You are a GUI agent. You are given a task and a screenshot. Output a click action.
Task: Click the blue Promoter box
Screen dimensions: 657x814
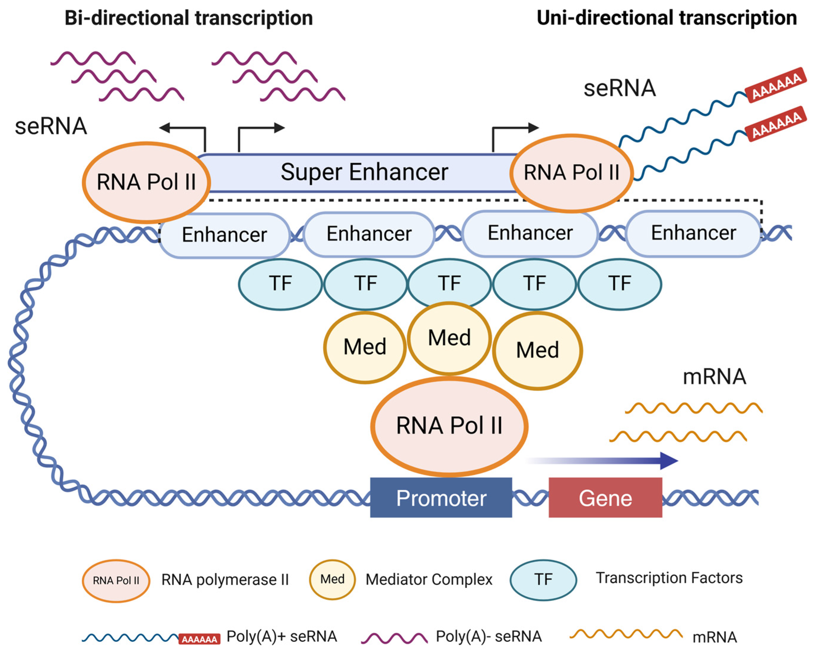click(x=441, y=497)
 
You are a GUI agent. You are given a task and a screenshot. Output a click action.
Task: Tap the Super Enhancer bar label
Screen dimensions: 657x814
click(x=364, y=172)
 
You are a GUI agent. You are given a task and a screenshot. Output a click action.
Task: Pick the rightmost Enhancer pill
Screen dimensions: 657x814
click(x=693, y=233)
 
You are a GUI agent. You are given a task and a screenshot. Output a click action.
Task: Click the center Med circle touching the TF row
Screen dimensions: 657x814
click(x=449, y=338)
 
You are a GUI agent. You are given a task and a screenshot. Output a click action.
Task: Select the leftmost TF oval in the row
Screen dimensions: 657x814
click(x=280, y=284)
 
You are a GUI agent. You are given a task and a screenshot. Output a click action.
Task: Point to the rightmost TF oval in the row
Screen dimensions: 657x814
click(x=619, y=284)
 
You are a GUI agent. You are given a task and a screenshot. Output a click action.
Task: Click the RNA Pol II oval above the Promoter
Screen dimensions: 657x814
click(x=449, y=426)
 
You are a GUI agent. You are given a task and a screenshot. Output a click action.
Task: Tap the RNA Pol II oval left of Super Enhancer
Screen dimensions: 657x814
click(x=146, y=182)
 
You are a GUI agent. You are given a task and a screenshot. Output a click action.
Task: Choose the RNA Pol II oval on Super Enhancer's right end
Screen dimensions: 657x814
click(x=571, y=173)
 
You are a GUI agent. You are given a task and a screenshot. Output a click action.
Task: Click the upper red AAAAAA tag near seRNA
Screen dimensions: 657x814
click(x=775, y=85)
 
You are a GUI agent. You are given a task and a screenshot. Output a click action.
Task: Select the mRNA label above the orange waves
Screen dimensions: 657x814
click(x=714, y=377)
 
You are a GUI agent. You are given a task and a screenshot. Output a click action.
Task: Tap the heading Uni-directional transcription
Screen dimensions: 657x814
click(x=666, y=18)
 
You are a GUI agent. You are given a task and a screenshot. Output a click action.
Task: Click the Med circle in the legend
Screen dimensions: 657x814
click(x=332, y=579)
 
